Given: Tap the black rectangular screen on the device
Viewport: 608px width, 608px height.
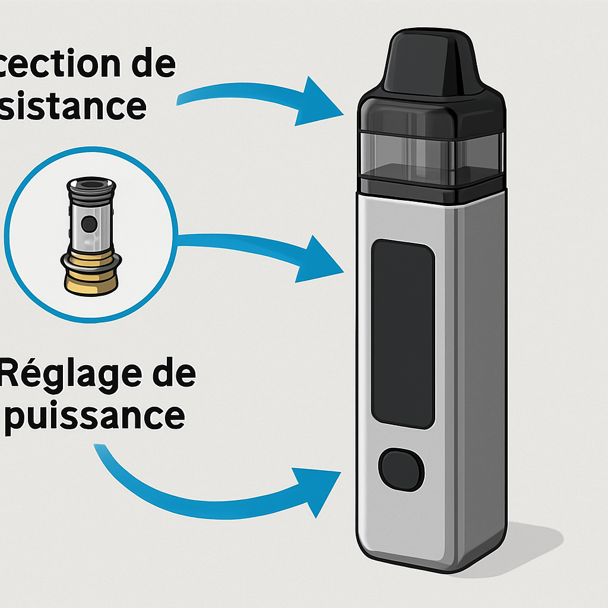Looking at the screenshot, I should pyautogui.click(x=403, y=333).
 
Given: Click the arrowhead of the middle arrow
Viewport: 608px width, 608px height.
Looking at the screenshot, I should pyautogui.click(x=321, y=259).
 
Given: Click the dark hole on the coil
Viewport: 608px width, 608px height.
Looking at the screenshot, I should pyautogui.click(x=89, y=223).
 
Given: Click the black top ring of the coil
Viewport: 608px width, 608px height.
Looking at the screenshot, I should pyautogui.click(x=89, y=185).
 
